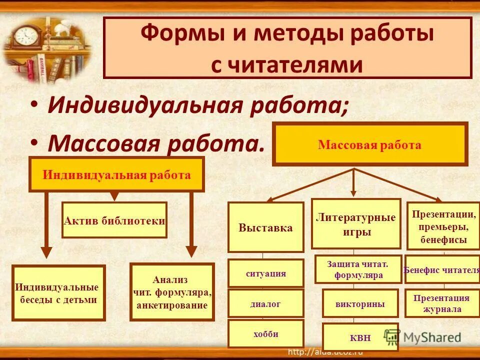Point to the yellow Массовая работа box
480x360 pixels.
pyautogui.click(x=369, y=145)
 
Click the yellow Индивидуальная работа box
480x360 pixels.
pyautogui.click(x=116, y=174)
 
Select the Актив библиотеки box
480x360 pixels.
pyautogui.click(x=114, y=220)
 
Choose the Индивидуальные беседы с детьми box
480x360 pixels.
pyautogui.click(x=58, y=293)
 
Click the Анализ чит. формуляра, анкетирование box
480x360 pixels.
pyautogui.click(x=171, y=292)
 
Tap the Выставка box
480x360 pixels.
pyautogui.click(x=265, y=227)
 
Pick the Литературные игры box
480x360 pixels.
pyautogui.click(x=355, y=224)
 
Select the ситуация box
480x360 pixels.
pyautogui.click(x=265, y=273)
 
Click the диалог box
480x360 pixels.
pyautogui.click(x=265, y=303)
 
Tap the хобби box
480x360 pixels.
pyautogui.click(x=265, y=333)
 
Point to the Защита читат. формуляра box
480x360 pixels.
pyautogui.click(x=357, y=269)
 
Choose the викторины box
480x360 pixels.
pyautogui.click(x=360, y=303)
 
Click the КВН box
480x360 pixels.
pyautogui.click(x=360, y=337)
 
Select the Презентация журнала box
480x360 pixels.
pyautogui.click(x=441, y=303)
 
